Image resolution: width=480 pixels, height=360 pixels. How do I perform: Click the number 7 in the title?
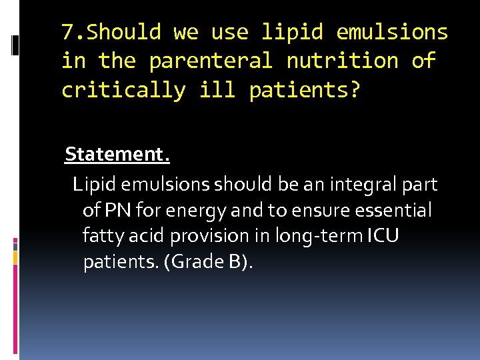pos(67,32)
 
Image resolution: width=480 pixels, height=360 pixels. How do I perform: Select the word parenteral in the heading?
pos(211,61)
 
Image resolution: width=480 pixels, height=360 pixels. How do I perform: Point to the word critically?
pos(123,90)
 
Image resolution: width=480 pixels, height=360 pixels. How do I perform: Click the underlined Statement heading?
pos(117,155)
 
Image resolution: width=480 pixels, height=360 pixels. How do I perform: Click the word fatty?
pos(101,237)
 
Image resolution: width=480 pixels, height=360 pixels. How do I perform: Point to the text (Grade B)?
pos(212,262)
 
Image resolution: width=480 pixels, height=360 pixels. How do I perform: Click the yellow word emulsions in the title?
pos(392,32)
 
